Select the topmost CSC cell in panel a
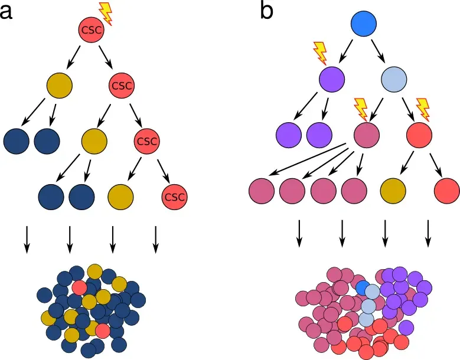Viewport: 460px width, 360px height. (91, 30)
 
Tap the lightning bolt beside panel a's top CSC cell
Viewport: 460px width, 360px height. (106, 12)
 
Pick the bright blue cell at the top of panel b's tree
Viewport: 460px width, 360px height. (364, 24)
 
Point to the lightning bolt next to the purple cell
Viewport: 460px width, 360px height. (319, 53)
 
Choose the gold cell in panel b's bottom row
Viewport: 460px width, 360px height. (393, 191)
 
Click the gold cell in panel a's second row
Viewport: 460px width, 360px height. (60, 86)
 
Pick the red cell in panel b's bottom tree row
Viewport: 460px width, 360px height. (446, 191)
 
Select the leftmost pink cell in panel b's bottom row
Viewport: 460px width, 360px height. (262, 191)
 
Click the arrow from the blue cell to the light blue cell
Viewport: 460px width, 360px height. (379, 51)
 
